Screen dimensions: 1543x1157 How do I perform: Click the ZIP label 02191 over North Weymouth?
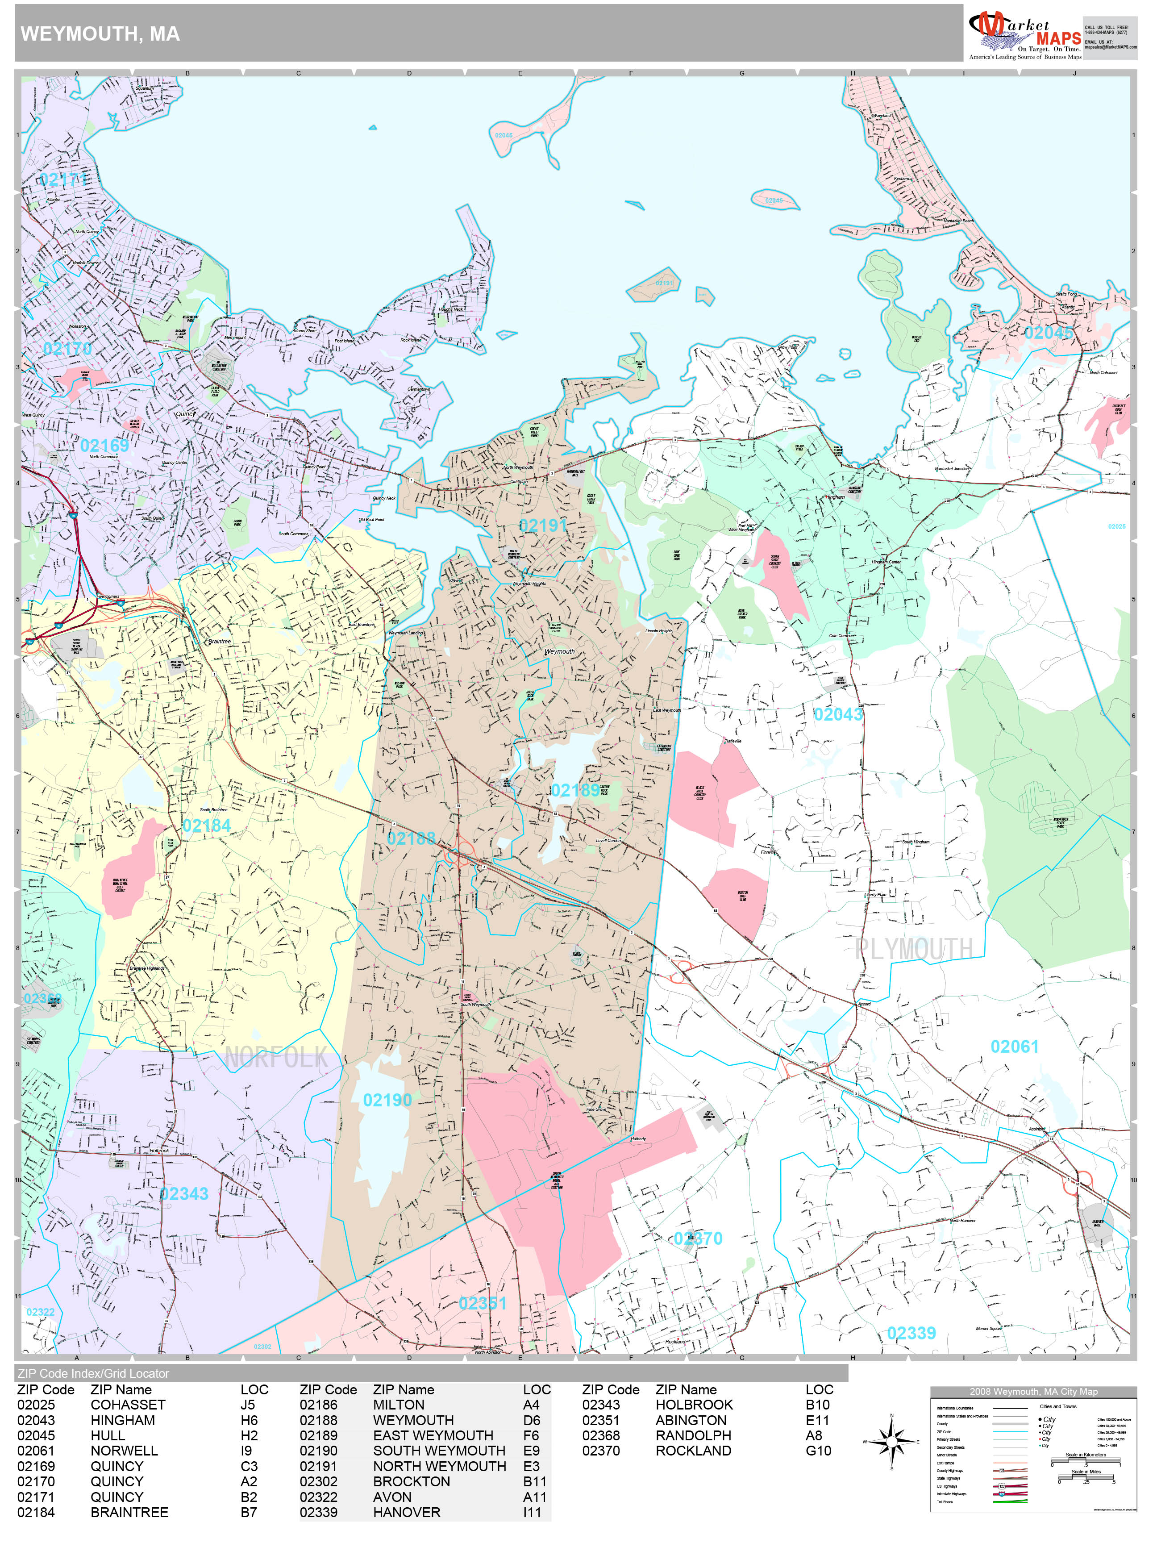(543, 525)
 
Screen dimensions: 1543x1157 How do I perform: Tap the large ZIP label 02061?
(1014, 1047)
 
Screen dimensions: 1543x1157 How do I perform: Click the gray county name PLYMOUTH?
(914, 949)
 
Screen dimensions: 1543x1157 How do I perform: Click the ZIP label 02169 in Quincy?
(104, 446)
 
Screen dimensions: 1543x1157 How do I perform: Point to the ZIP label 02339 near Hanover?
(911, 1334)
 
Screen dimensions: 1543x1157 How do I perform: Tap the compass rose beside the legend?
(891, 1441)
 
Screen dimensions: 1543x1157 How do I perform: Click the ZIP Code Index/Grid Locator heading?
(93, 1373)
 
